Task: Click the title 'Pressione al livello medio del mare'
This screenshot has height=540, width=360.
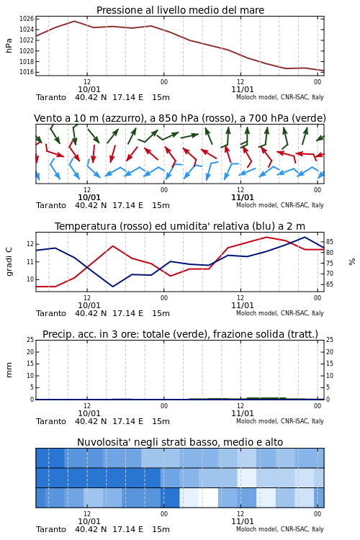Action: [180, 10]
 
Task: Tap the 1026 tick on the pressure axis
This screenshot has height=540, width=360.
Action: [27, 19]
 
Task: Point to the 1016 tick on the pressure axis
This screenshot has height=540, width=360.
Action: [27, 72]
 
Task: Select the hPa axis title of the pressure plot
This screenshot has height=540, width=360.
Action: [9, 45]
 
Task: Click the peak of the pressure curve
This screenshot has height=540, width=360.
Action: [74, 21]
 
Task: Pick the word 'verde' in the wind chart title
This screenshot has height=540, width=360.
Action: [308, 119]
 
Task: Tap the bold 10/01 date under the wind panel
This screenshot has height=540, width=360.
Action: [89, 198]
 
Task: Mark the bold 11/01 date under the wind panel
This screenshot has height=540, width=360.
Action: [243, 198]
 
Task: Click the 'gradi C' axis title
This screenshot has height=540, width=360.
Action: [9, 262]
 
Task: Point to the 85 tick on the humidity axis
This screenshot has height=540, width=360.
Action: [330, 242]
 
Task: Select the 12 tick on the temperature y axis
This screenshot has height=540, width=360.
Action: [30, 244]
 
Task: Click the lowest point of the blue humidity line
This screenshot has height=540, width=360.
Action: [112, 287]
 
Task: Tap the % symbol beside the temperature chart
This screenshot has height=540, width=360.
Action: [352, 262]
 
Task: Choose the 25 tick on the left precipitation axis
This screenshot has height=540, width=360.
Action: [30, 340]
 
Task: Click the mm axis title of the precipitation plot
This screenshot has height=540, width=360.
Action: [9, 370]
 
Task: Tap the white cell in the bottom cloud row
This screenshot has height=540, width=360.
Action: [209, 498]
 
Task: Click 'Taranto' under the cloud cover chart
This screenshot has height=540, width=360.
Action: [51, 529]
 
